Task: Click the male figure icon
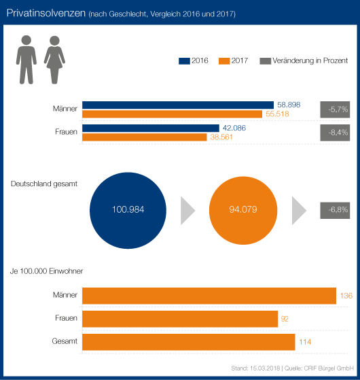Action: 26,60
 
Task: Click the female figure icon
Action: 54,60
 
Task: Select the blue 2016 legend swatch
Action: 184,61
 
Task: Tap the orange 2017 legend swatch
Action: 224,61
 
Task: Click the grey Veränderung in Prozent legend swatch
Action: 266,61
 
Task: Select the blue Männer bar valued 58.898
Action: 178,105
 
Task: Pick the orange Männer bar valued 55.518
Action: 172,114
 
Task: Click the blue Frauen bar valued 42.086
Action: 151,128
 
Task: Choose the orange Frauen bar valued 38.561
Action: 145,137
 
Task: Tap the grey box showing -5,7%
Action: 335,109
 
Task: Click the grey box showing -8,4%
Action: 335,133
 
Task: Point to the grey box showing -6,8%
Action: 335,210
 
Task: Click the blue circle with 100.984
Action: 128,210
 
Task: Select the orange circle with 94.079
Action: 243,210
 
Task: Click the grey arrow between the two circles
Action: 187,211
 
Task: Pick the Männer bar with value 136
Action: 209,296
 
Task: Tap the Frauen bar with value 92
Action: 180,319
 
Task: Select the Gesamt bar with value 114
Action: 189,342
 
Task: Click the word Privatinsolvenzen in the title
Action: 46,13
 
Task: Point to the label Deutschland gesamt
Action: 44,184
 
